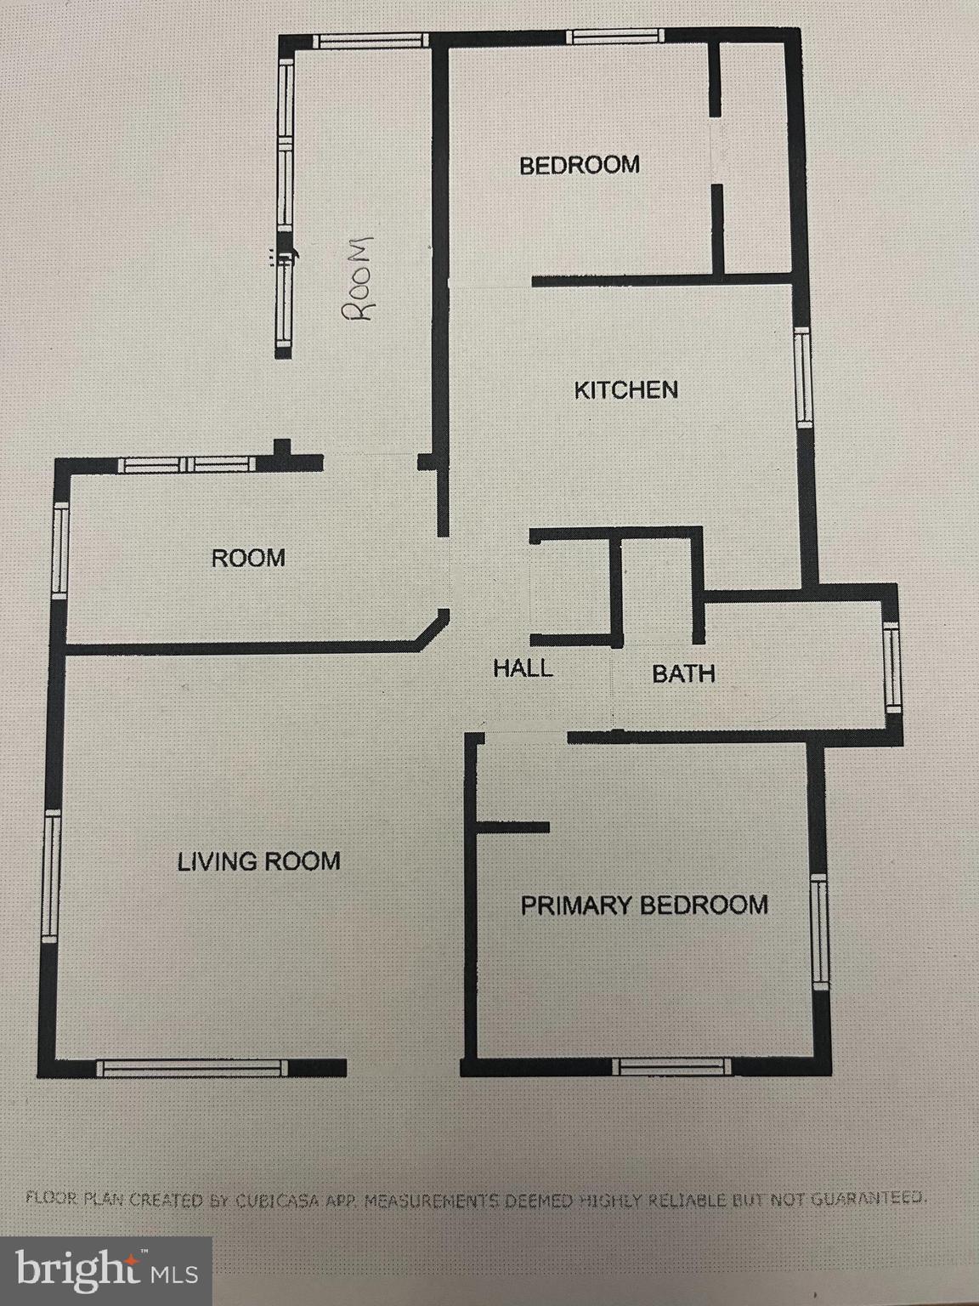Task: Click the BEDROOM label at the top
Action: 580,164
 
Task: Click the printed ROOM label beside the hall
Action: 248,559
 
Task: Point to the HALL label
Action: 523,668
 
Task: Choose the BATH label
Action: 683,674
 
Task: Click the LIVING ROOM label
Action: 258,861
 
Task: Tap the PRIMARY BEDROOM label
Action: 644,905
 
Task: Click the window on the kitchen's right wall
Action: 802,377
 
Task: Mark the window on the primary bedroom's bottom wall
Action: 672,1066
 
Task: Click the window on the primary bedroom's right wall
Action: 819,934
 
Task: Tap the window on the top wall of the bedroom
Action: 615,36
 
